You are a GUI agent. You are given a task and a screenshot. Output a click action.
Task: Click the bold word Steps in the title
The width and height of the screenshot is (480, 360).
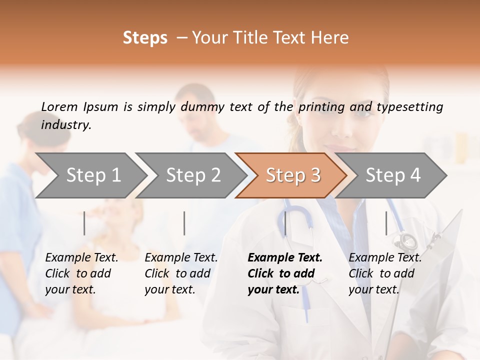145,38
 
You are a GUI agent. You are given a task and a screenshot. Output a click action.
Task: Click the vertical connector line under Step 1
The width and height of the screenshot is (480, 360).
84,223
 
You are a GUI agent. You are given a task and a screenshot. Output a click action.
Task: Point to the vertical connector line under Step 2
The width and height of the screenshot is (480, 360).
184,223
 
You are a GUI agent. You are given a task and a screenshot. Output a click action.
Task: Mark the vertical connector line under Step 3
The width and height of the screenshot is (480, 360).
285,223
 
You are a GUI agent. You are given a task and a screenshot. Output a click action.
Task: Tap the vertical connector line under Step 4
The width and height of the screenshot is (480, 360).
386,223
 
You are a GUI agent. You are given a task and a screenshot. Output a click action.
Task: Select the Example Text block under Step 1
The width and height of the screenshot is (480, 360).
81,273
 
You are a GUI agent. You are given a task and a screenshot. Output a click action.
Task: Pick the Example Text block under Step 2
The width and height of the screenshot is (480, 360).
181,273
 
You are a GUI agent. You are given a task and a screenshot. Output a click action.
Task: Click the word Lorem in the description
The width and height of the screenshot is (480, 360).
59,106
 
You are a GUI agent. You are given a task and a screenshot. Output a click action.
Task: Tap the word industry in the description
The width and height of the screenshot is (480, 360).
65,124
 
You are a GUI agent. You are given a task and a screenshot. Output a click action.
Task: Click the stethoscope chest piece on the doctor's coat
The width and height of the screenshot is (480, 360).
405,241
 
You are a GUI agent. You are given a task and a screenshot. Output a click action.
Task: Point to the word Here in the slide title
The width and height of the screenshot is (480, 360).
332,38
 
